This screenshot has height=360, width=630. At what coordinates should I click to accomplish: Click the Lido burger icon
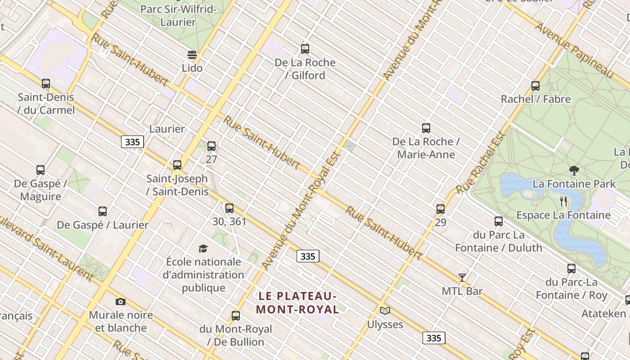coord(192,55)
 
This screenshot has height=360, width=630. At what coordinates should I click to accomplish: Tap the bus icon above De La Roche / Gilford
coord(305,49)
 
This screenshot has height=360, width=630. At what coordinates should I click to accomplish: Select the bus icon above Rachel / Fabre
coord(535,86)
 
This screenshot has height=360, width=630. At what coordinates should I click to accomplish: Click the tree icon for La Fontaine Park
coord(574,171)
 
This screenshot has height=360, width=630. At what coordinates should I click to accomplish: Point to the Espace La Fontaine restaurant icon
coord(563,201)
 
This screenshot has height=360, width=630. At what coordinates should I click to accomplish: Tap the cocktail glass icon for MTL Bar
coord(462,278)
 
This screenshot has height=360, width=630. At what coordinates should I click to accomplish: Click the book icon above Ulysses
coord(385,310)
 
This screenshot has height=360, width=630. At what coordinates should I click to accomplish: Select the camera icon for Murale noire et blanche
coord(120,301)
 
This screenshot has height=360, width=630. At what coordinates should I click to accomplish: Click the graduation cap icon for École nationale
coord(203,248)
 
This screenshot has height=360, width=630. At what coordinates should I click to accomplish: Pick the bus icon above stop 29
coord(441,209)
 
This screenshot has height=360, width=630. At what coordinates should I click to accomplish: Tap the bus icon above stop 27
coord(211,146)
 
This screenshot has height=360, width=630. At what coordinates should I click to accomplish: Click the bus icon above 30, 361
coord(229,208)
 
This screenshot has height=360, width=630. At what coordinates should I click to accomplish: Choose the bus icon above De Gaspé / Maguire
coord(40,170)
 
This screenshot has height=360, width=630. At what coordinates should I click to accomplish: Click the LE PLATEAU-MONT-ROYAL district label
coord(297,303)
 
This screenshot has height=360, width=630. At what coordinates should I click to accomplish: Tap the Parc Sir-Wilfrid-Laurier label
coord(178,15)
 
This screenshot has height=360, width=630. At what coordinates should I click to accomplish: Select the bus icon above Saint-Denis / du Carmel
coord(46,84)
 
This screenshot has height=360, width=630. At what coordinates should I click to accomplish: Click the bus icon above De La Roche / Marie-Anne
coord(426,128)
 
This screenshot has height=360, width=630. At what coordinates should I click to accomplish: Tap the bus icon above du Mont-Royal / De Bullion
coord(236,316)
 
